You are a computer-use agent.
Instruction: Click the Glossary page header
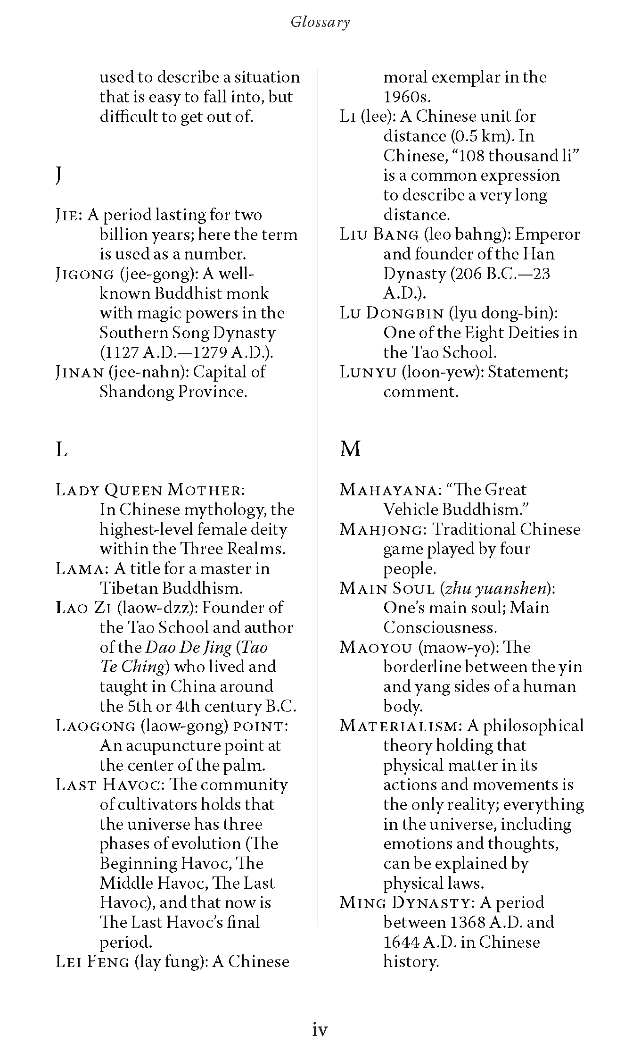tap(320, 22)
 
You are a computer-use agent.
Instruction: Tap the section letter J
tap(58, 175)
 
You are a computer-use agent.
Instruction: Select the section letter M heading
tap(350, 449)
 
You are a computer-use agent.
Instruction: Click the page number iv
tap(320, 1029)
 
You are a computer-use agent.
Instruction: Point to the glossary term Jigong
tap(85, 274)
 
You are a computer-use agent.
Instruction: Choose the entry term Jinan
tap(79, 372)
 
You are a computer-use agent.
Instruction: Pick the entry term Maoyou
tap(376, 648)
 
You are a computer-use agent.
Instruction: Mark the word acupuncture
tap(177, 746)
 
